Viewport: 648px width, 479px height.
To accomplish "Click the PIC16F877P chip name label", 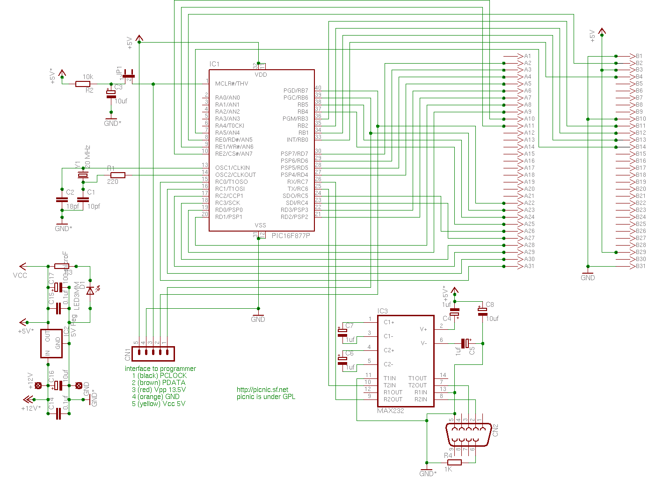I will click(x=291, y=236).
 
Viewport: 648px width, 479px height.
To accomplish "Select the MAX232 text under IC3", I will click(x=390, y=411).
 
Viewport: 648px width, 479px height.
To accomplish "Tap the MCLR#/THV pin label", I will click(x=232, y=84).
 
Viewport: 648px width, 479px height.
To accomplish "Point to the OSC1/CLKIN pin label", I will click(x=233, y=168).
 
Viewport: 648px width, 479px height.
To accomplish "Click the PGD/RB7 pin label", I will click(x=296, y=91).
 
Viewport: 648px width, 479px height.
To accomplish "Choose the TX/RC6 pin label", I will click(x=298, y=189).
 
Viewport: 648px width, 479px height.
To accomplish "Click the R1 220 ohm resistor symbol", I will click(x=117, y=175).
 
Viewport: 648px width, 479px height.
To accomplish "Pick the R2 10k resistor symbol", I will click(x=83, y=84).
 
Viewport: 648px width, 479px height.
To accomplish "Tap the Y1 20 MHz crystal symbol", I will click(x=83, y=175).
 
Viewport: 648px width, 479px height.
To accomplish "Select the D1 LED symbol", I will click(x=90, y=290).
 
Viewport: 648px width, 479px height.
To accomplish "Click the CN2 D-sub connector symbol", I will click(x=469, y=435).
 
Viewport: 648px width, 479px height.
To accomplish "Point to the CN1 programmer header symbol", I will click(x=153, y=354).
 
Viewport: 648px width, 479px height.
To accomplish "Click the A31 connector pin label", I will click(x=529, y=266).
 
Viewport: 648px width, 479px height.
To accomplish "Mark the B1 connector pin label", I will click(x=639, y=56).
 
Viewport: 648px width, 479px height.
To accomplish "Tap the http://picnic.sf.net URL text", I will click(x=262, y=390).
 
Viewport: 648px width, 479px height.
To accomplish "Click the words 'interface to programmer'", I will click(x=160, y=369).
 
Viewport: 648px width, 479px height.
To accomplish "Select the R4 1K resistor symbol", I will click(x=454, y=463).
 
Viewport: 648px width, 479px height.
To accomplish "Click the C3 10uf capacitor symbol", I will click(x=111, y=94).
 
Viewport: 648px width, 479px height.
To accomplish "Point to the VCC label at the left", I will click(x=20, y=276).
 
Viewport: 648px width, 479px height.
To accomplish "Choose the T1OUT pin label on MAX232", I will click(x=417, y=378).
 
